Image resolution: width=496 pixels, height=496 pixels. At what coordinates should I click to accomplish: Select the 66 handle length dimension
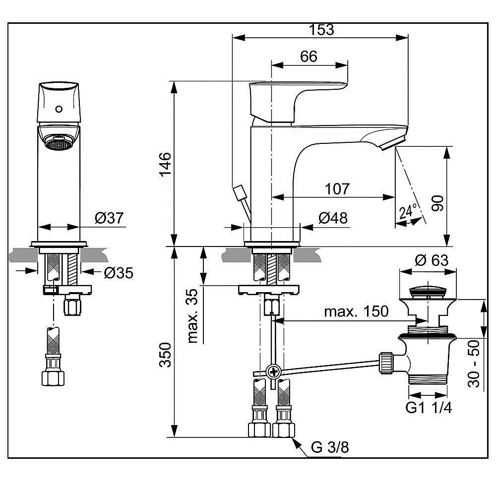point(309,57)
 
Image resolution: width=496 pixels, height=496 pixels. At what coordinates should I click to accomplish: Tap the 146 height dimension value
point(165,164)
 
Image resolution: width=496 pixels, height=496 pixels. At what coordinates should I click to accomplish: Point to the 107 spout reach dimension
point(337,189)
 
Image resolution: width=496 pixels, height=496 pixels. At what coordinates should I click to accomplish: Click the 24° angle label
point(408,212)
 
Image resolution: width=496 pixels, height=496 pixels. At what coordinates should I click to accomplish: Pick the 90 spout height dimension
point(437,203)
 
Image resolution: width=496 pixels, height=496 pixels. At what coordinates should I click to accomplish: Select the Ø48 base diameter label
point(333,218)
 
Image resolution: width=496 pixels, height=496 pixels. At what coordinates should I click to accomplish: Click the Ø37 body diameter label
point(109,218)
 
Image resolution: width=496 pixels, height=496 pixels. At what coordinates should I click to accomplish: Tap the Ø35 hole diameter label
point(119,273)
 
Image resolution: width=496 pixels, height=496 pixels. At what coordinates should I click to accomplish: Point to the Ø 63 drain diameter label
point(432,260)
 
